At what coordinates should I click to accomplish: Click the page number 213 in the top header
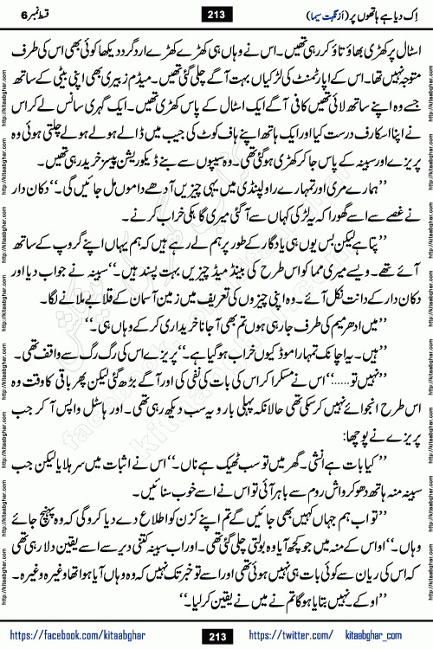216,11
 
